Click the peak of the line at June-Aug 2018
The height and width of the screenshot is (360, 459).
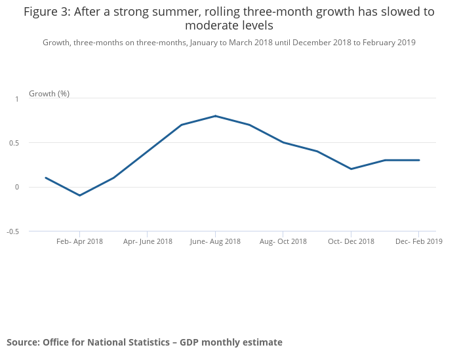215,116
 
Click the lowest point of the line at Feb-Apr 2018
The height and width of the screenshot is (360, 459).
80,195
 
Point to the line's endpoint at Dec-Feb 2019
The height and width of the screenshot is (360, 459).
419,160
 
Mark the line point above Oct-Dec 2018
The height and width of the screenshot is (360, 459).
351,169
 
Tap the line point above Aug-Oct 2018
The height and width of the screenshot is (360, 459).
283,142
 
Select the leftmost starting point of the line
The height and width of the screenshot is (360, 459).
46,178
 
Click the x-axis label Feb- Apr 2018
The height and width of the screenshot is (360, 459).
79,241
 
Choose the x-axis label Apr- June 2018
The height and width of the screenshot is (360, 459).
148,241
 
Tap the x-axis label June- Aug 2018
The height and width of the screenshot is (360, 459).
215,241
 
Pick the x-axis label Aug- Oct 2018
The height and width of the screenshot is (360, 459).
283,241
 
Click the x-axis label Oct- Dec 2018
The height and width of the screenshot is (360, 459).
351,241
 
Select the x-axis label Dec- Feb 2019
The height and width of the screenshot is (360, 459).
418,241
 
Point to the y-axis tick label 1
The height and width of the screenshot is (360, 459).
17,99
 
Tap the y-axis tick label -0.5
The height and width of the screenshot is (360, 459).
12,231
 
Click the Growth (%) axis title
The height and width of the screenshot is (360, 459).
49,94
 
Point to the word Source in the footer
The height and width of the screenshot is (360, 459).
23,342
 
